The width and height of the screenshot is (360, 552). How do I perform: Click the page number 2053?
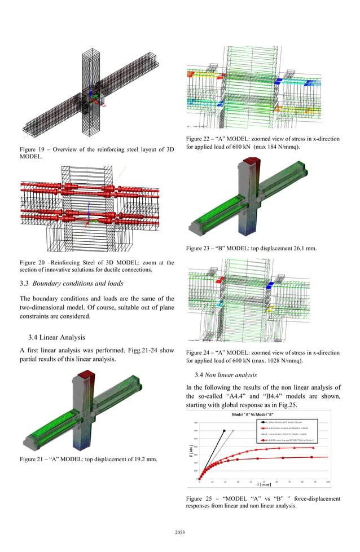tap(180, 531)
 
